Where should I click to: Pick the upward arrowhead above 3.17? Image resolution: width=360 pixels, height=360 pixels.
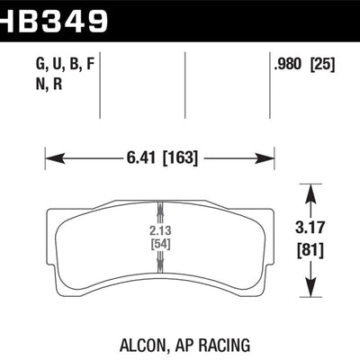tap(311, 190)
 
